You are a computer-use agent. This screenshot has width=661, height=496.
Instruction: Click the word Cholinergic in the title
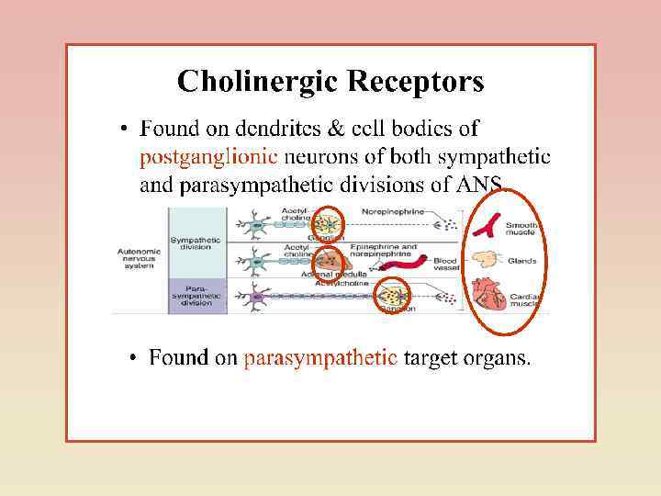pyautogui.click(x=259, y=83)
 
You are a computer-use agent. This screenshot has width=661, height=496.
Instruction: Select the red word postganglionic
pyautogui.click(x=208, y=157)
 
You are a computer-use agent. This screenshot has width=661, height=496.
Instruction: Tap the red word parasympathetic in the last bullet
pyautogui.click(x=320, y=357)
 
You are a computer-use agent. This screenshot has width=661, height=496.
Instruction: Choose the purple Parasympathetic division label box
pyautogui.click(x=196, y=296)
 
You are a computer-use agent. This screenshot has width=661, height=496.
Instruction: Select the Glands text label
pyautogui.click(x=521, y=261)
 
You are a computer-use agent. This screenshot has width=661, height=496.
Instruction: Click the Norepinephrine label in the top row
pyautogui.click(x=393, y=211)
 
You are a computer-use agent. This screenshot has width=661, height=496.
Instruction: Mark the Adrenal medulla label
pyautogui.click(x=334, y=275)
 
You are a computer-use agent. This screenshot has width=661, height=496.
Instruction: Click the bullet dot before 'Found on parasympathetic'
pyautogui.click(x=135, y=357)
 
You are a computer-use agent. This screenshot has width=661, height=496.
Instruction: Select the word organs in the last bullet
pyautogui.click(x=502, y=357)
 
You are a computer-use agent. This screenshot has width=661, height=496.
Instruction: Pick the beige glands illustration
pyautogui.click(x=487, y=259)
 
